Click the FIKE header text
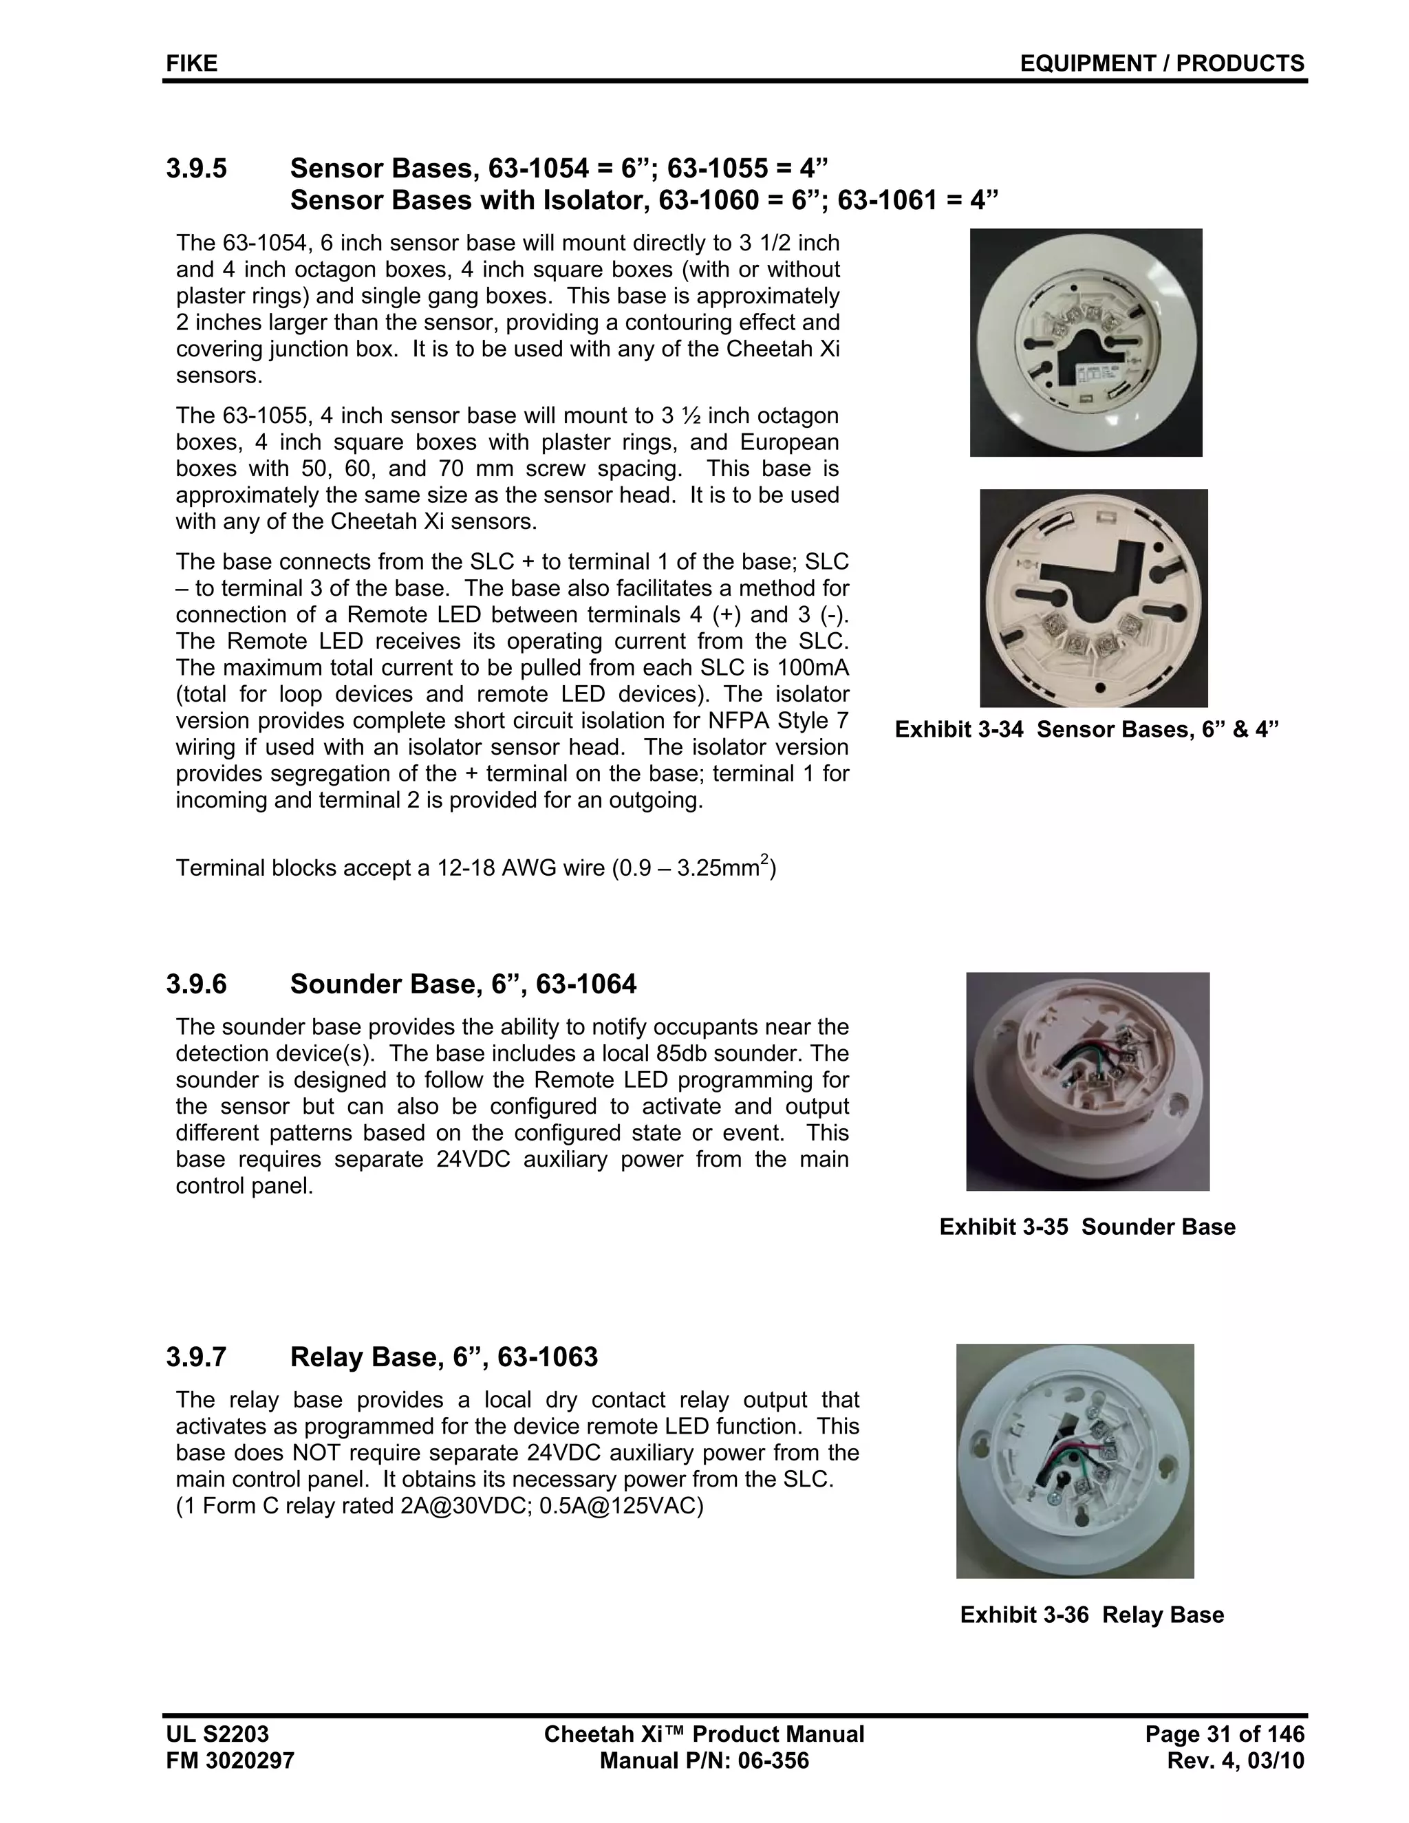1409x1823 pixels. (191, 63)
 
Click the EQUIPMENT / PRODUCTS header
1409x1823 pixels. (1161, 63)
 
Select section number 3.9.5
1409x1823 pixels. (196, 169)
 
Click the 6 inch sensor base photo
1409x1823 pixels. (1085, 342)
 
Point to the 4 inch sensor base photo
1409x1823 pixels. (1093, 598)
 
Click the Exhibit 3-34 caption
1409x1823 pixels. (1086, 729)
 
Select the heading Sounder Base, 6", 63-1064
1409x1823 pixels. (462, 984)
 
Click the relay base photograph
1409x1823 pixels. (1074, 1460)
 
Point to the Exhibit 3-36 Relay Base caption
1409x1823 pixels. (1091, 1615)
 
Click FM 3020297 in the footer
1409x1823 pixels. (230, 1760)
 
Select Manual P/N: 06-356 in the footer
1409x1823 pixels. (704, 1760)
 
